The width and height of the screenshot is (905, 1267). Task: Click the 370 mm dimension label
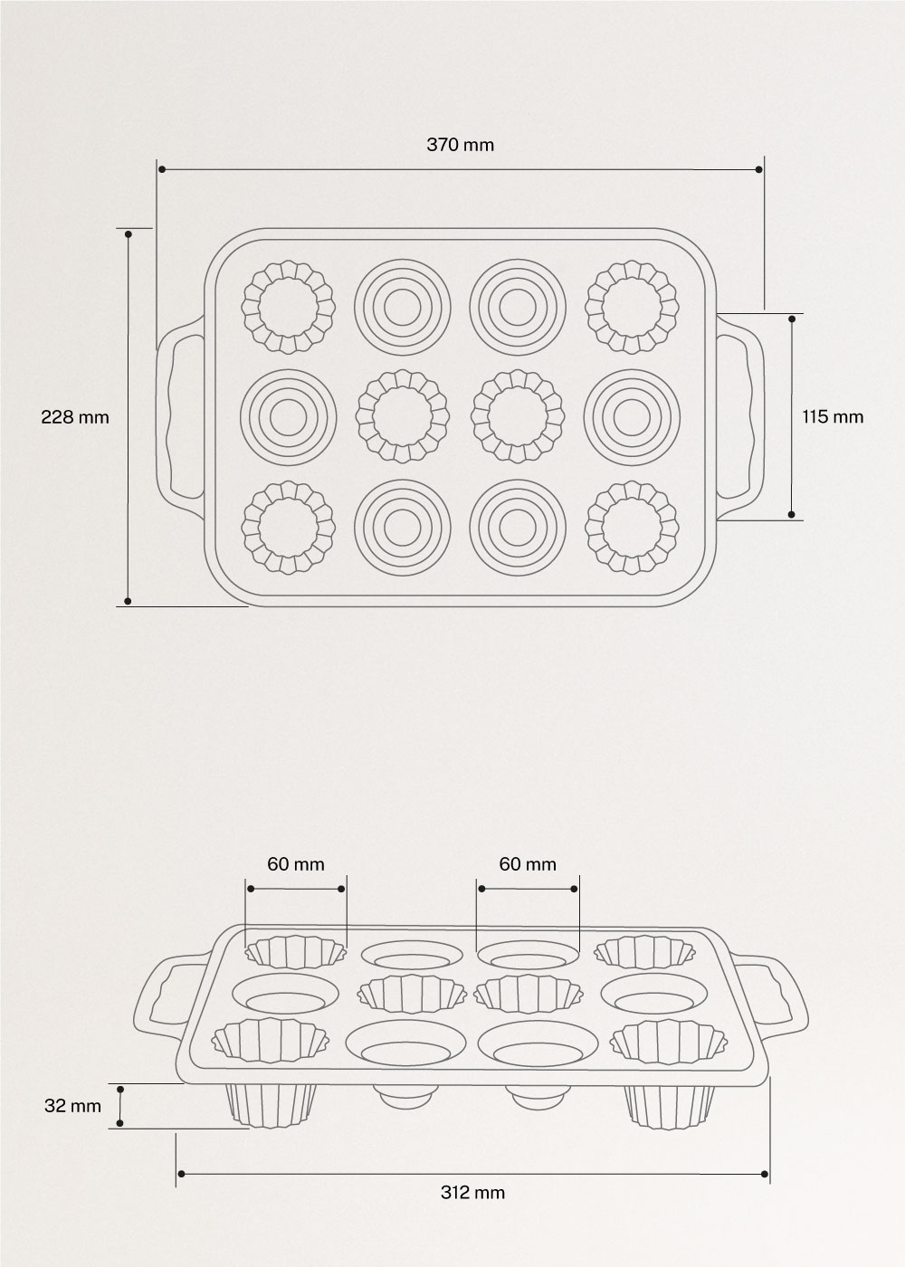coord(460,144)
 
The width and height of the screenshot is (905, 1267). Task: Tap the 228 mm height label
coord(75,416)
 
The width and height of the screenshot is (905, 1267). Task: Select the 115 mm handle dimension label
coord(833,416)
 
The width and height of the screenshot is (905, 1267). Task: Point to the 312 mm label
coord(472,1192)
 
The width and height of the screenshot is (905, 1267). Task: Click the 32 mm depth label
coord(72,1105)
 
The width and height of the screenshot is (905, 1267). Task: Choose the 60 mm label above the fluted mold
coord(295,864)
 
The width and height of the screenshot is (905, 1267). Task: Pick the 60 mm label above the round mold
coord(528,864)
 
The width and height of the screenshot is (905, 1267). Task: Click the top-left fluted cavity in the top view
coord(288,307)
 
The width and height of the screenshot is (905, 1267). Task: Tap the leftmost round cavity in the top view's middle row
coord(288,417)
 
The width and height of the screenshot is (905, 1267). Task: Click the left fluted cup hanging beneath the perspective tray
coord(269,1105)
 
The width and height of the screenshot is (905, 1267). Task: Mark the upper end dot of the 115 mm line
coord(793,319)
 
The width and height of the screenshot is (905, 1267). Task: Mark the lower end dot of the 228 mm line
coord(129,600)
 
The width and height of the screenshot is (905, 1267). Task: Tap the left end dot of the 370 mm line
coord(161,169)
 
